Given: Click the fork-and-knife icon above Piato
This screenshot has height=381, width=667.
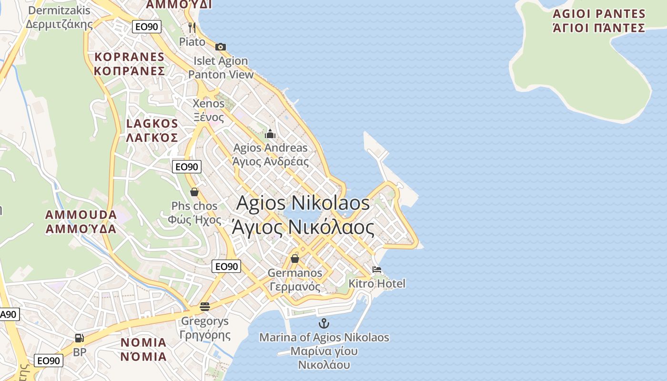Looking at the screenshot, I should click(x=192, y=27).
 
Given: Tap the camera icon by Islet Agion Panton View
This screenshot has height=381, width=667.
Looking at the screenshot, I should click(x=220, y=47).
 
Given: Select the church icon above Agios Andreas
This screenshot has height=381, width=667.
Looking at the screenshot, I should click(x=270, y=134).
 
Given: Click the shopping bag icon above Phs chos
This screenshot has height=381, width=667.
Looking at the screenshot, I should click(x=194, y=192).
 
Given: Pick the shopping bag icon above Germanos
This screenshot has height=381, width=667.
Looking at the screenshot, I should click(x=295, y=259).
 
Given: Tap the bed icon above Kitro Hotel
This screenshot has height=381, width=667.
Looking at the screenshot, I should click(x=377, y=270).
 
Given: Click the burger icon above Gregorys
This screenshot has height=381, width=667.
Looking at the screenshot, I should click(x=205, y=306).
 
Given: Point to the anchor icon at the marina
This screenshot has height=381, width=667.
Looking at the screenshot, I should click(x=324, y=323).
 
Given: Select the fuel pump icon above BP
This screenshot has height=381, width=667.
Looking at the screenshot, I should click(x=80, y=338).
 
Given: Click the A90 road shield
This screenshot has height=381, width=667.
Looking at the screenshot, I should click(x=9, y=314).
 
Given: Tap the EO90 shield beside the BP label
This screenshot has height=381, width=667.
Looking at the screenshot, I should click(x=49, y=361).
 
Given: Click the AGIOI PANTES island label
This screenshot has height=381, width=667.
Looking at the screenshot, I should click(x=599, y=20).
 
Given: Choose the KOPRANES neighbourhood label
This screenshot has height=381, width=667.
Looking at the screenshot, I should click(x=130, y=64).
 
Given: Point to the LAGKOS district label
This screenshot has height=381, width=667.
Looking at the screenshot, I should click(x=152, y=130).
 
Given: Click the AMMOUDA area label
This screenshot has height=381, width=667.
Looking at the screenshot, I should click(x=81, y=221).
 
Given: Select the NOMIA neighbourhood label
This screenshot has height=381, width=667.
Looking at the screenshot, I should click(x=143, y=349).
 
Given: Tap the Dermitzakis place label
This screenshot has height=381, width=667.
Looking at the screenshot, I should click(x=59, y=17).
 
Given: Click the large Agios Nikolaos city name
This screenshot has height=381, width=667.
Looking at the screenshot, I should click(x=303, y=215).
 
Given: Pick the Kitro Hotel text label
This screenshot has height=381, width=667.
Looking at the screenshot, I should click(x=377, y=284).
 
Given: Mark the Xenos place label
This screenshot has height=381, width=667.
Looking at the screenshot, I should click(x=208, y=110).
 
